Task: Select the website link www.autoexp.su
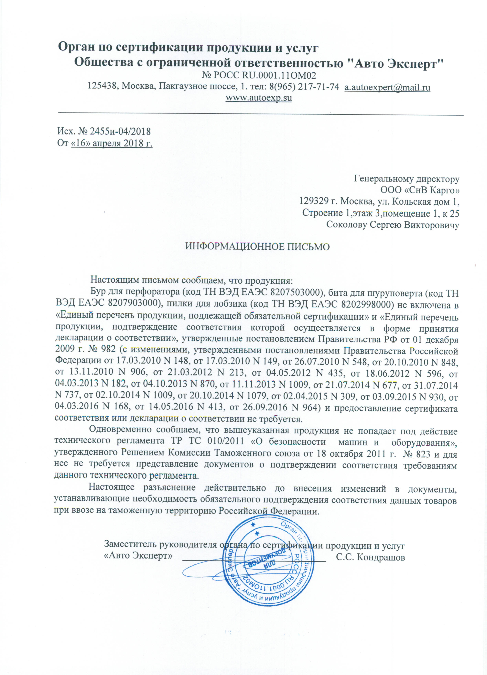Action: [259, 98]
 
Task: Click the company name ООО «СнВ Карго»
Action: [420, 190]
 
